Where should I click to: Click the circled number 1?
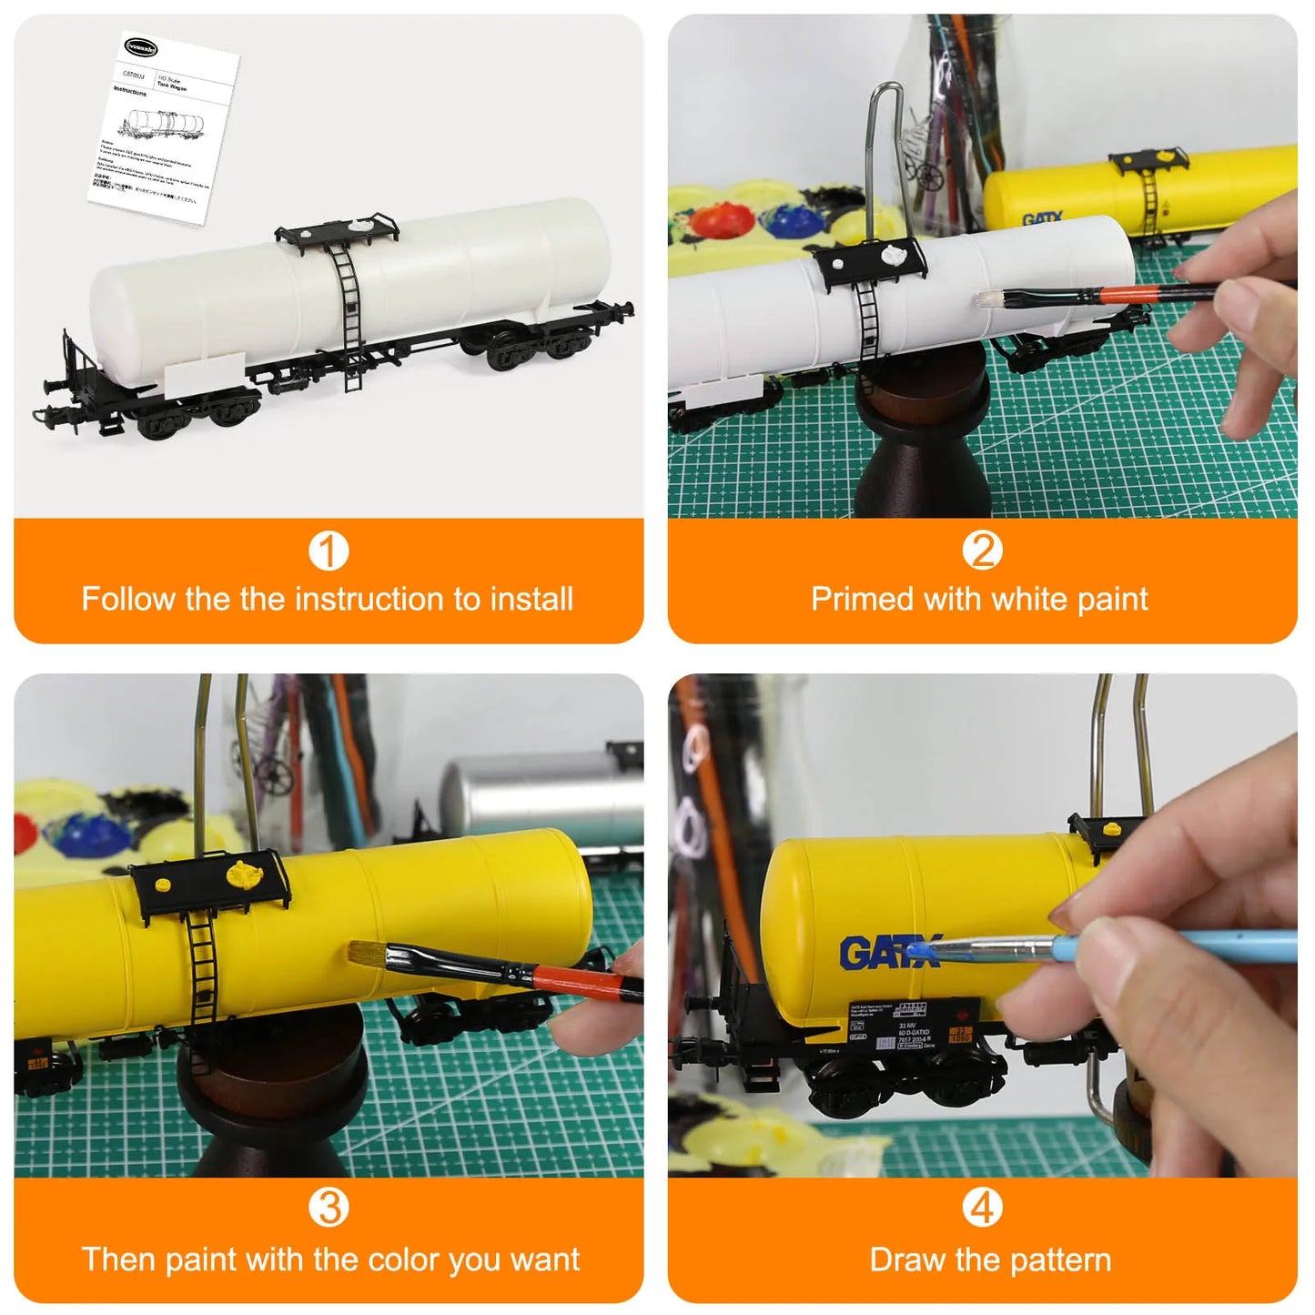tap(329, 551)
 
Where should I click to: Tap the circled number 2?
tap(982, 551)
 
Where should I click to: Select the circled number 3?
tap(329, 1208)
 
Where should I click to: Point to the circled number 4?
tap(982, 1208)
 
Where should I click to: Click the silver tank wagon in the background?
tap(537, 796)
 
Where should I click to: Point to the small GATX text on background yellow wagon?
tap(1042, 219)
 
